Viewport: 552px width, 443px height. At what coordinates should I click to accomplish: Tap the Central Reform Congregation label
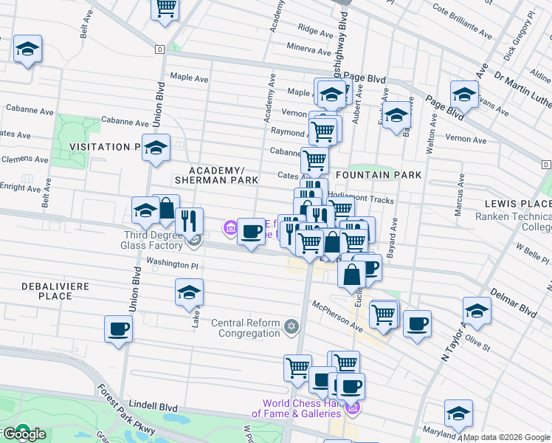(246, 328)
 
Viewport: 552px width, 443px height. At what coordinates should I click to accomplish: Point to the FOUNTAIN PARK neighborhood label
(379, 175)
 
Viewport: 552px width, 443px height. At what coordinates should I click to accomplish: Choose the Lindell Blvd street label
(153, 406)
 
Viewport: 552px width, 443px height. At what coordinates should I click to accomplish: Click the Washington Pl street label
(173, 262)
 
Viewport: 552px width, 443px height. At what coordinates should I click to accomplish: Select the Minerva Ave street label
(309, 50)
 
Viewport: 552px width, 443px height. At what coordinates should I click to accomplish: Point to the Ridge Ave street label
(316, 32)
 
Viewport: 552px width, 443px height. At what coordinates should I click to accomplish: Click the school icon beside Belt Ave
(28, 49)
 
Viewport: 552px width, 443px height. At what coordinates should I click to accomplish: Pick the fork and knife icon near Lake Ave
(190, 220)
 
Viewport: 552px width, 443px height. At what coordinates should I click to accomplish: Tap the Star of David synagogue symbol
(291, 326)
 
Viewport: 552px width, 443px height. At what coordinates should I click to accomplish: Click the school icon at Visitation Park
(156, 148)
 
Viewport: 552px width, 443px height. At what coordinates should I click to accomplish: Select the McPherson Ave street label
(337, 316)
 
